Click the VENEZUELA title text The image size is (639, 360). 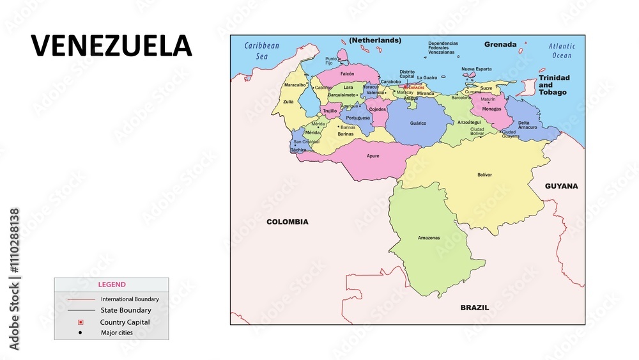click(x=112, y=45)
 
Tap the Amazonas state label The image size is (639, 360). click(x=429, y=238)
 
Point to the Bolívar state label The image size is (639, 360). click(x=484, y=175)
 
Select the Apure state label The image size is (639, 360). click(x=373, y=155)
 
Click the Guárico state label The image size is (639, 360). click(x=418, y=123)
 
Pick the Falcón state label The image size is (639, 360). click(x=347, y=74)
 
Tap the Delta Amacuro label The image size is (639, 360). click(x=528, y=125)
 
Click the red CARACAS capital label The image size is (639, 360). click(x=415, y=88)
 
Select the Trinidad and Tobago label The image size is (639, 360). click(x=553, y=84)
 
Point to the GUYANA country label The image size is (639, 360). click(x=561, y=186)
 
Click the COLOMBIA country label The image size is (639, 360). click(x=287, y=222)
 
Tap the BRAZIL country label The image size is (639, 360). click(x=475, y=308)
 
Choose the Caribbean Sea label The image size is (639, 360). click(x=262, y=51)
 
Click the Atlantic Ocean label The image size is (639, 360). click(x=562, y=51)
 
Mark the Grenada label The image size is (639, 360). click(x=500, y=45)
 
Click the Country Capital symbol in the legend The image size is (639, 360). click(x=81, y=322)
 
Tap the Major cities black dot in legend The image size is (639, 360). click(x=81, y=333)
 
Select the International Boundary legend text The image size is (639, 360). click(x=130, y=299)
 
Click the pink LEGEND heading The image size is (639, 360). click(x=112, y=285)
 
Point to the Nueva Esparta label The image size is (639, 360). click(x=476, y=68)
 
